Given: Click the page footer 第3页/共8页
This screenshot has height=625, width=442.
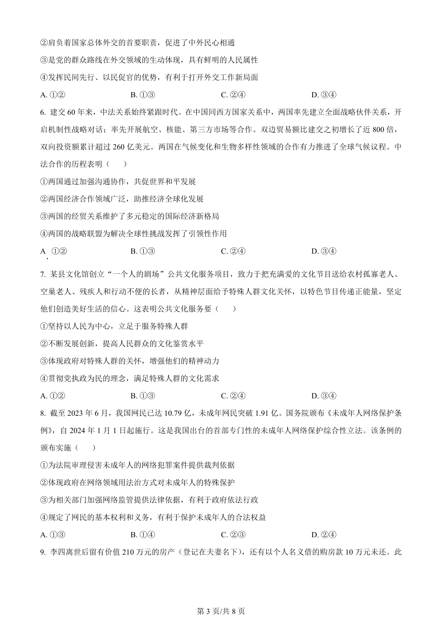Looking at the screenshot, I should coord(221,611).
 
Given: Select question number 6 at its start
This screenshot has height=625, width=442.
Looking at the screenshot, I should coord(43,112).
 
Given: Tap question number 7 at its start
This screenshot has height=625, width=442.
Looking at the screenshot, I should coord(43,274).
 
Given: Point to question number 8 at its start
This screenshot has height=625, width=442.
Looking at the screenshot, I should coord(43,413).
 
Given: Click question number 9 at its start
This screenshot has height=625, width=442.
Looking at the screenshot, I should coord(43,552).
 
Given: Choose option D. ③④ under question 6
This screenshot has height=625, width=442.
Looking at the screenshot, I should coord(324,251).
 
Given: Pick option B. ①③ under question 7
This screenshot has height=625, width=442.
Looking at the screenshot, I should coord(143,396).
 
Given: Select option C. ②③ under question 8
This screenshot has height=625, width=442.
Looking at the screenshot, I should coord(233,535).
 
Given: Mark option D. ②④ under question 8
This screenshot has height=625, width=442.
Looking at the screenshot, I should coord(324,535).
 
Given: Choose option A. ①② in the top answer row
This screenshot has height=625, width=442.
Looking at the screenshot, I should coord(53,95).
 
